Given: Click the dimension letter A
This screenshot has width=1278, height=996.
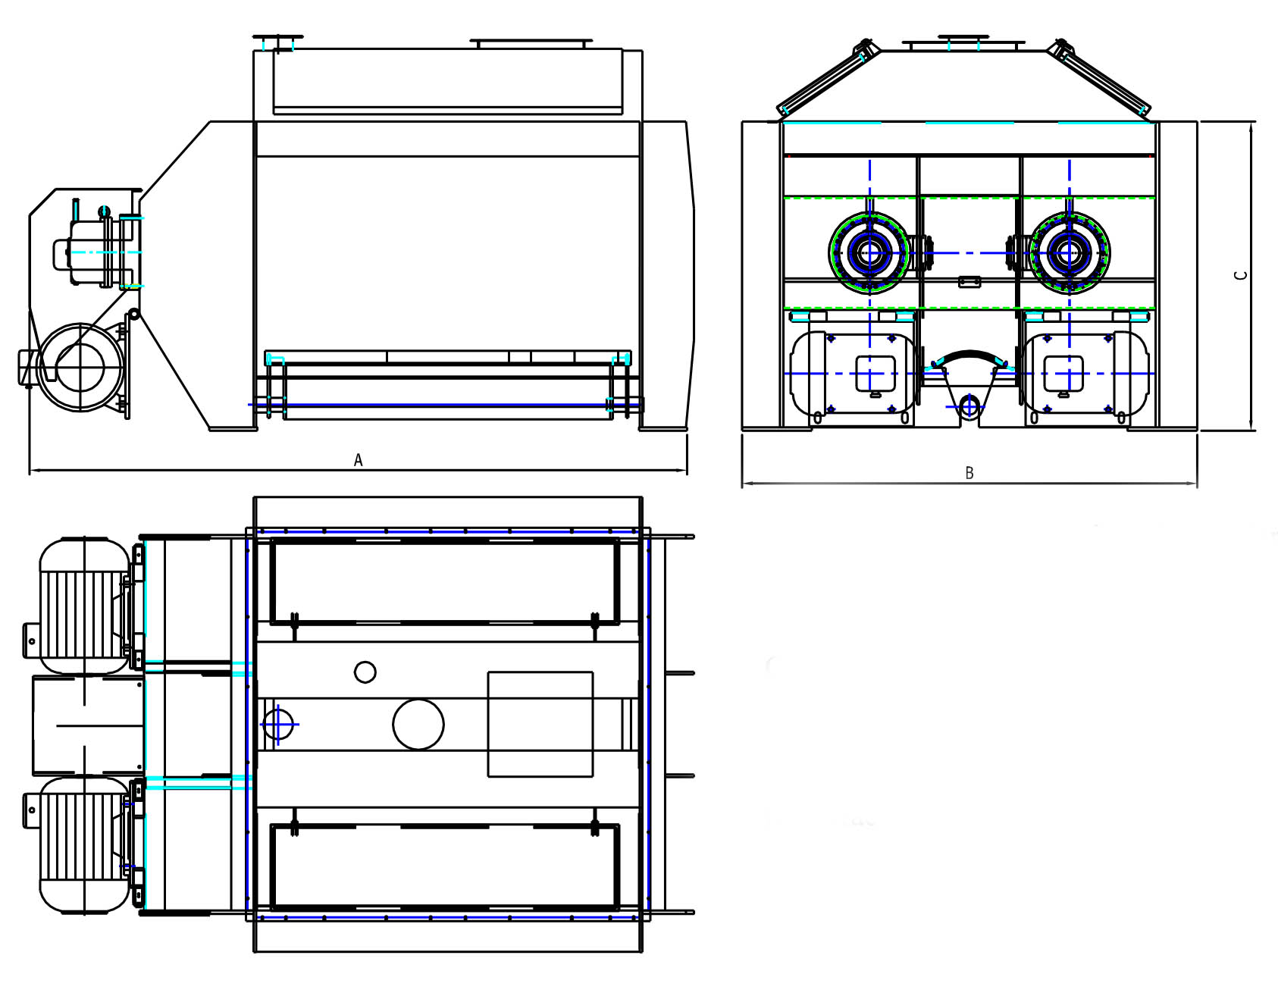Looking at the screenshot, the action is (x=359, y=460).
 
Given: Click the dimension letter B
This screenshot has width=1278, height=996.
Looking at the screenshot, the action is (x=969, y=473).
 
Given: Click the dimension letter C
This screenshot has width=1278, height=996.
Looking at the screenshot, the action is (x=1241, y=275).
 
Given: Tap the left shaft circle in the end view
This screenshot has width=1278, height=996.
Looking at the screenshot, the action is (x=869, y=253).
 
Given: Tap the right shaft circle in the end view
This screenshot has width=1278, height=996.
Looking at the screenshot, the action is (x=1070, y=253).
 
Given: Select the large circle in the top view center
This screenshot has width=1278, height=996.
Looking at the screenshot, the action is (x=418, y=724).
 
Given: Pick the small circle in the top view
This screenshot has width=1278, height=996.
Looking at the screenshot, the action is (x=365, y=672).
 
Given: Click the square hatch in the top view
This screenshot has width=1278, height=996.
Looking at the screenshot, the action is (x=540, y=724).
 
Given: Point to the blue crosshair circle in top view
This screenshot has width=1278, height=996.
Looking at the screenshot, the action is (x=278, y=724).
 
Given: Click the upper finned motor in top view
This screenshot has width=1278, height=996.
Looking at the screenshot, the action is (x=84, y=606).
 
